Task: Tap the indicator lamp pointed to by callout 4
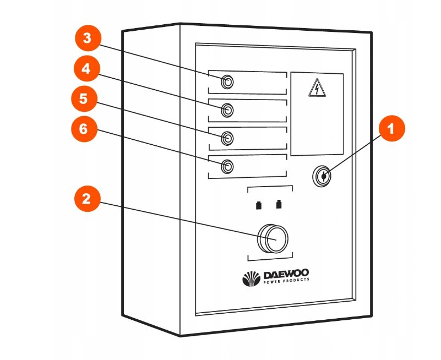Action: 227,110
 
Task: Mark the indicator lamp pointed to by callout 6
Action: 227,166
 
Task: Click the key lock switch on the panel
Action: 322,176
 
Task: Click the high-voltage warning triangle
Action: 316,88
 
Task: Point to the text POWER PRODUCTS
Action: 286,280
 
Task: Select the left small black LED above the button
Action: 258,206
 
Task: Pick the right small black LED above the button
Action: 279,206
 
